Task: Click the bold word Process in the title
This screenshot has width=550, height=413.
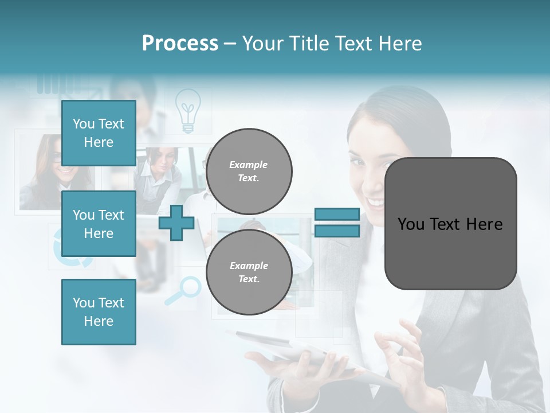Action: tap(180, 43)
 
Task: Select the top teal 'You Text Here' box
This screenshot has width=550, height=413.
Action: tap(99, 133)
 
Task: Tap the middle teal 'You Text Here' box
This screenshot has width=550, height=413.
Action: tap(99, 224)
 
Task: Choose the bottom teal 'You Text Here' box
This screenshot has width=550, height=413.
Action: tap(99, 311)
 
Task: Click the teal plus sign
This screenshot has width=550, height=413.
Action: tap(176, 223)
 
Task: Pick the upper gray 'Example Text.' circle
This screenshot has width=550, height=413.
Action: tap(249, 172)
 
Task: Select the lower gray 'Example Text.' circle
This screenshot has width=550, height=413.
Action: tap(249, 272)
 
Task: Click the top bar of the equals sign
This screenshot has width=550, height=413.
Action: tap(337, 214)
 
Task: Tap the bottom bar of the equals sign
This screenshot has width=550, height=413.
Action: tap(337, 231)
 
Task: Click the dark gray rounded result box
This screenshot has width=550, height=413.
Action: tap(450, 224)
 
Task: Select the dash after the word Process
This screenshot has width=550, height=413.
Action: tap(230, 44)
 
